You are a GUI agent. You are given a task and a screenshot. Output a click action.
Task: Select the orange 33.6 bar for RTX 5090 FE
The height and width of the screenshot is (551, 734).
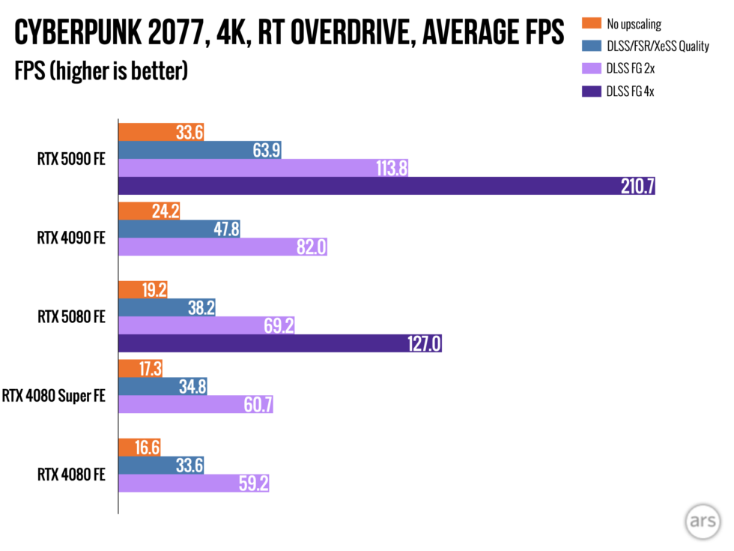pos(161,132)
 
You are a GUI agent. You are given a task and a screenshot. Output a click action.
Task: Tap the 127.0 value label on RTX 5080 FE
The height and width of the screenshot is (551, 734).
pos(424,343)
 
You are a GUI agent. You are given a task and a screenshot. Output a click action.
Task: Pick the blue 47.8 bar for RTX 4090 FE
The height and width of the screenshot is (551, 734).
pos(180,229)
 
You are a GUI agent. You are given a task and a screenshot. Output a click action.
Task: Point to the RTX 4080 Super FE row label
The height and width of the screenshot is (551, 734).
pos(55,395)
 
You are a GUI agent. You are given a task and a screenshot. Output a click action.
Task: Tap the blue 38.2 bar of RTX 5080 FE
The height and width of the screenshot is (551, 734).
pos(167,307)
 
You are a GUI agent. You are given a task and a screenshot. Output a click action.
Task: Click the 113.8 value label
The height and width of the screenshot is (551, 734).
pos(389,169)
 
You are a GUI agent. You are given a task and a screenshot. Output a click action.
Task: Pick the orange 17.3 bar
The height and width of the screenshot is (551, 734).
pos(141,368)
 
